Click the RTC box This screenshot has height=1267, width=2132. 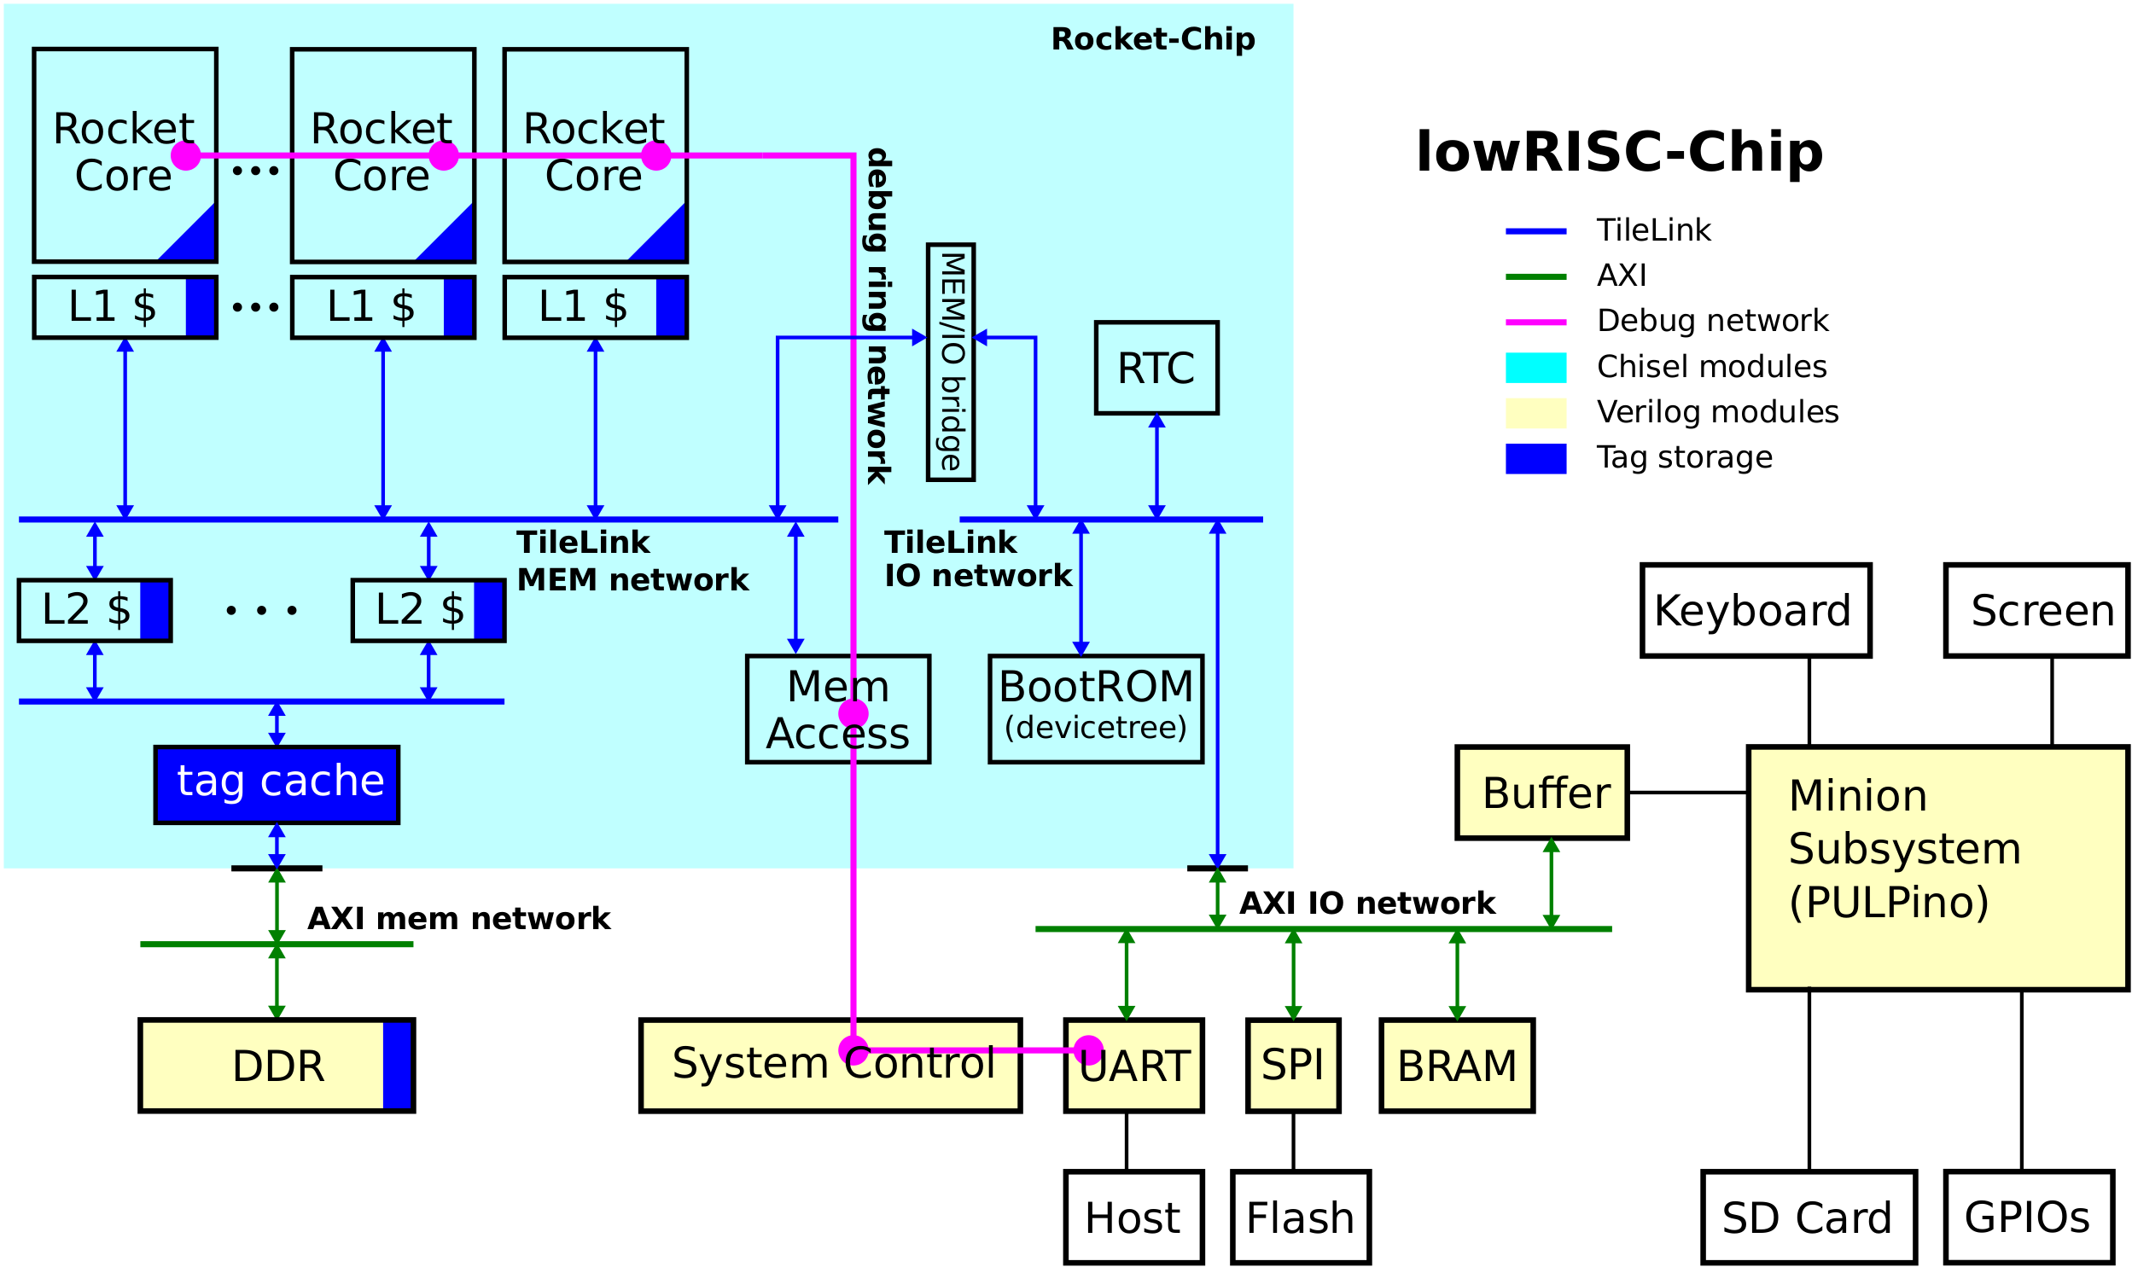1156,368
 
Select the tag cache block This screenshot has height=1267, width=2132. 277,785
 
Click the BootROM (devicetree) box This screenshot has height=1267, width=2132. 1096,709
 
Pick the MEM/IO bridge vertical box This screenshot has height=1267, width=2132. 950,362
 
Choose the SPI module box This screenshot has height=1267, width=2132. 1293,1066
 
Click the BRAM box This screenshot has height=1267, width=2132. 1457,1066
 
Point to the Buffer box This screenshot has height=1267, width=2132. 1542,793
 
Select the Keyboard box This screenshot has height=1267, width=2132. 1756,610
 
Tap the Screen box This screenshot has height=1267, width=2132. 2036,610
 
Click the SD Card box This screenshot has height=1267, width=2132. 1809,1218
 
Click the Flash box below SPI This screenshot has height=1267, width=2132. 1301,1218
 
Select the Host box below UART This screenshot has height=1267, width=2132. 1133,1218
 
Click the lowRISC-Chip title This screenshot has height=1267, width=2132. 1619,152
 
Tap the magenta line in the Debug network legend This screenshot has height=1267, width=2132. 1535,322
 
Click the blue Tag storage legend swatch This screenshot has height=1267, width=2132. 1535,458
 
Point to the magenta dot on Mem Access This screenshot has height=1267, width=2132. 853,714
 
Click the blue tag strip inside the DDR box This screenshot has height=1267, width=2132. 397,1066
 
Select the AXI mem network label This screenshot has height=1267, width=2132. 458,919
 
